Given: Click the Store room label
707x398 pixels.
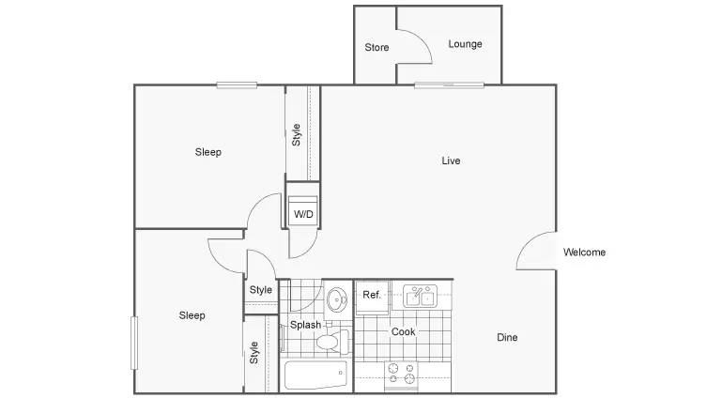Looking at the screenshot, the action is click(377, 47).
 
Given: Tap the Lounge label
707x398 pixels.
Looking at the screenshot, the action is click(465, 44).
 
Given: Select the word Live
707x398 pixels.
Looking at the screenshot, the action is click(451, 161).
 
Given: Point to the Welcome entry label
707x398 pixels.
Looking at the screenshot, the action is click(584, 252).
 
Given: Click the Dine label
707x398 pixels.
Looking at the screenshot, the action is click(507, 337).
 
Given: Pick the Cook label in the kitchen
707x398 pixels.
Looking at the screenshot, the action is click(403, 331).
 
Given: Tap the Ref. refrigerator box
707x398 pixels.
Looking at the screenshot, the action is click(372, 298).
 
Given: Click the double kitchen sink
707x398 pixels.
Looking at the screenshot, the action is click(420, 296).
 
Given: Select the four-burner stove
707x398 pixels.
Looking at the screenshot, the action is click(401, 375).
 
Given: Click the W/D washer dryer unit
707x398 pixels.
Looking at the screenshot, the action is click(303, 211).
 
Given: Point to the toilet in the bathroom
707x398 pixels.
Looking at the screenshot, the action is click(333, 341).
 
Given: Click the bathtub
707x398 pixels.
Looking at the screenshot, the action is click(315, 375).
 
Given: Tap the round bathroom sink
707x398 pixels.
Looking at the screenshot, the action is click(336, 299).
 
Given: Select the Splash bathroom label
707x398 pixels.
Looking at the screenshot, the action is click(305, 325).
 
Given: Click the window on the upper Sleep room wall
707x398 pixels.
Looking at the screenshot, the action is click(237, 84).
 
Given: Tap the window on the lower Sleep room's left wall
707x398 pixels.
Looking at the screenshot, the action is click(134, 344).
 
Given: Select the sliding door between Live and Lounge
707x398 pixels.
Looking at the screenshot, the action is click(449, 84).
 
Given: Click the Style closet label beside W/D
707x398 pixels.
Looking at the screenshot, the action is click(296, 135).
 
